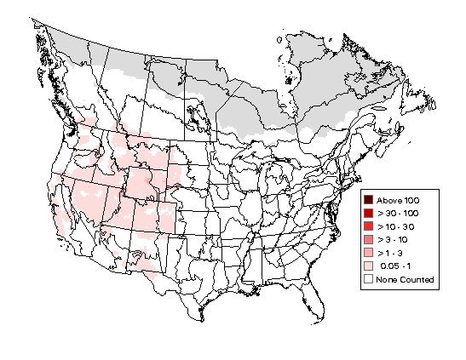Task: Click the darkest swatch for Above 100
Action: click(369, 198)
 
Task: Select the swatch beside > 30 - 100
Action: click(369, 212)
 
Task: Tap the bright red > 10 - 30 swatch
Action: click(369, 226)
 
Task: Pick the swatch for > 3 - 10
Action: click(369, 239)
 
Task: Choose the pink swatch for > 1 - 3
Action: click(369, 253)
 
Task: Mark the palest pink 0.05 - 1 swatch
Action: click(369, 266)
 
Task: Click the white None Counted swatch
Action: click(369, 279)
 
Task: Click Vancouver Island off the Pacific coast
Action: click(66, 114)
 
